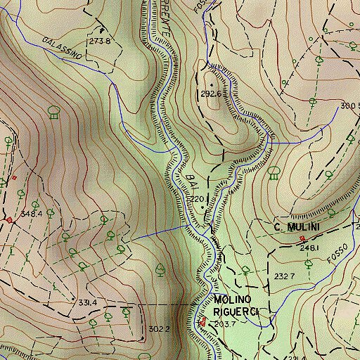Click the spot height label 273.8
click(x=101, y=41)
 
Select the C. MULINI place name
click(x=297, y=227)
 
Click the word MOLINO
click(x=233, y=300)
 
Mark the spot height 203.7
click(x=224, y=323)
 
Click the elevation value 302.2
click(x=160, y=328)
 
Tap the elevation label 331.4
click(x=86, y=302)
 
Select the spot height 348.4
click(x=32, y=213)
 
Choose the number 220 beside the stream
click(x=198, y=199)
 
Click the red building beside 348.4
click(x=8, y=220)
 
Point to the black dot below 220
click(x=204, y=208)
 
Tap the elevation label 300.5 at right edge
click(x=349, y=106)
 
